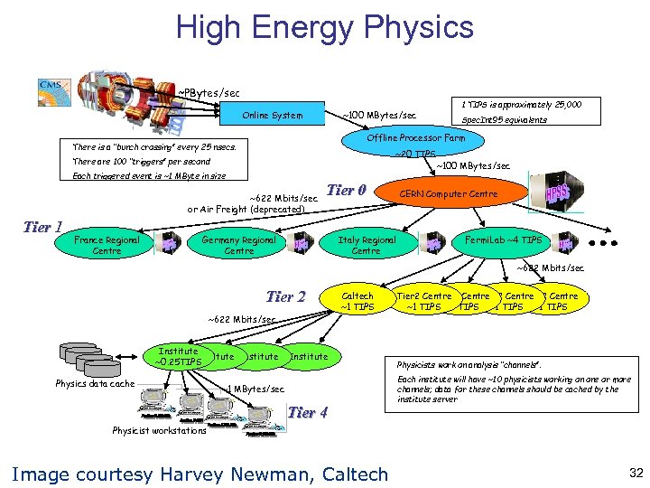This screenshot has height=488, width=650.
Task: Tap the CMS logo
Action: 50,87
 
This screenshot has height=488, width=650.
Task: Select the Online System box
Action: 273,116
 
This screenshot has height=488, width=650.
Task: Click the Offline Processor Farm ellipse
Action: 416,138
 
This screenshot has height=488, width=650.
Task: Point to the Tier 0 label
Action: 346,190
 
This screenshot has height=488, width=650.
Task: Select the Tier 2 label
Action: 286,296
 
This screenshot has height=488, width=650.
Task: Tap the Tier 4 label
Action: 307,413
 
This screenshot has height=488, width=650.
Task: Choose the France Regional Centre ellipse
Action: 107,245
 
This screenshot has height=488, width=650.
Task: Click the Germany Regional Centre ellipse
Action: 238,245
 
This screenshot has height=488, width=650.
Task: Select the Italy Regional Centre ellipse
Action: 367,245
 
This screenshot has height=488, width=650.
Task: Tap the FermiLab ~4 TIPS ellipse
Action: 503,240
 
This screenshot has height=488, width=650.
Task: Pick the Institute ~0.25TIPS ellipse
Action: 178,357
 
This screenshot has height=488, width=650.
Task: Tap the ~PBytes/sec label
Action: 208,93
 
